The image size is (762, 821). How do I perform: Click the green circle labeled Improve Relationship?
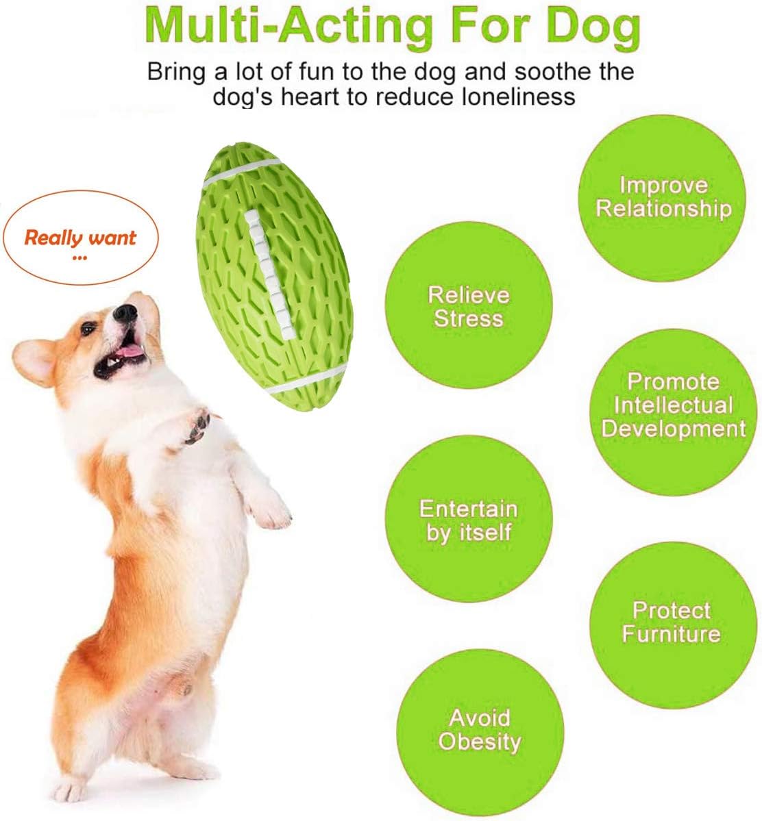662,197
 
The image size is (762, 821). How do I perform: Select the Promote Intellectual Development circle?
674,413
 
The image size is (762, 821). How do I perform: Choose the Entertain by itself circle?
469,519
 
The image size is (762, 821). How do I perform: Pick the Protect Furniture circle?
674,625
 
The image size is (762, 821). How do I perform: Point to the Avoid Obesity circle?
480,733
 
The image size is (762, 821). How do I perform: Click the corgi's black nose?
125,313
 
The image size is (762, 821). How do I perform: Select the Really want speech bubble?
80,238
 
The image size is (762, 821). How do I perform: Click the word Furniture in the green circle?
672,634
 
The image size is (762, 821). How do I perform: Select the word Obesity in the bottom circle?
480,742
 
